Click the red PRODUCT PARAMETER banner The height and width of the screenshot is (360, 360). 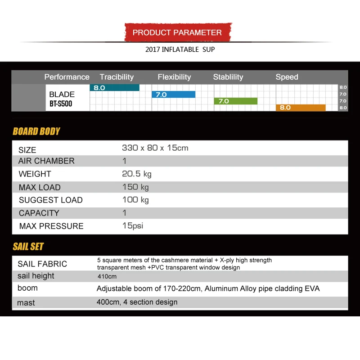pos(177,32)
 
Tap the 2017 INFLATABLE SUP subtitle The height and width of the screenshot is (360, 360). pos(180,49)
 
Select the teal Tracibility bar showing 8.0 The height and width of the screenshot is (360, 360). pos(115,88)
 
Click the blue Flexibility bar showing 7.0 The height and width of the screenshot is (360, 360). pos(174,94)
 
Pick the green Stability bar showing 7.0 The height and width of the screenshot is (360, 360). pos(235,101)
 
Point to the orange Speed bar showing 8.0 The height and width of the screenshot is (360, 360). pos(301,108)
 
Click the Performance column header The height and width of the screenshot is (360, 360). pos(67,77)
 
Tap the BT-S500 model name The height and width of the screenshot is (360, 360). pos(61,104)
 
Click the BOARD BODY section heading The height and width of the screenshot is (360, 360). pos(36,131)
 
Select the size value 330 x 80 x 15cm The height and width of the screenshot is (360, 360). pos(155,148)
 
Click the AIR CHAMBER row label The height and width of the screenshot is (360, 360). pos(46,161)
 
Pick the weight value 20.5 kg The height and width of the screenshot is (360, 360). pos(137,174)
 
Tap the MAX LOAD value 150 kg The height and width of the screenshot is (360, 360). pos(135,187)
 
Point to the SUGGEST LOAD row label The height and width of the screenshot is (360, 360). pos(50,200)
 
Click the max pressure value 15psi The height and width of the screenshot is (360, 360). pos(132,226)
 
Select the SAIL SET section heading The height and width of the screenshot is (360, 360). pos(28,247)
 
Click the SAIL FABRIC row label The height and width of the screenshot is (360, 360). pos(42,264)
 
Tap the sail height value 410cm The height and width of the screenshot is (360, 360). pos(107,276)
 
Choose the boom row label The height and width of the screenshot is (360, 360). pos(27,288)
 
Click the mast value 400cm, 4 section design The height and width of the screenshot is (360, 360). pos(137,302)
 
